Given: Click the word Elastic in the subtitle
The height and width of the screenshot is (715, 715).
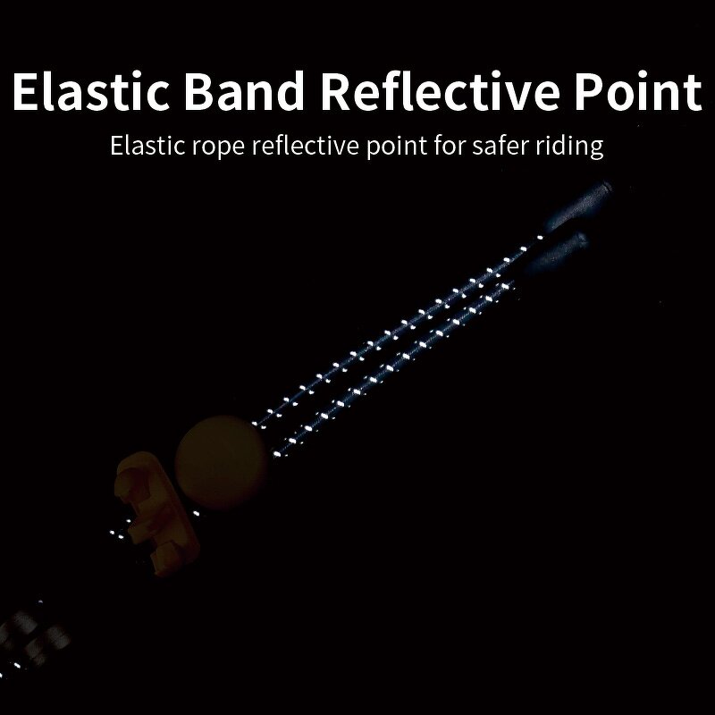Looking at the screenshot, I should tap(141, 145).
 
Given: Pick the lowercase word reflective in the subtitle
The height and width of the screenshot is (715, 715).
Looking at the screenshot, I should tap(306, 145).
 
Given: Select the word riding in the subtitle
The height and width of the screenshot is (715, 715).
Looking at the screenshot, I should tap(573, 147).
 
